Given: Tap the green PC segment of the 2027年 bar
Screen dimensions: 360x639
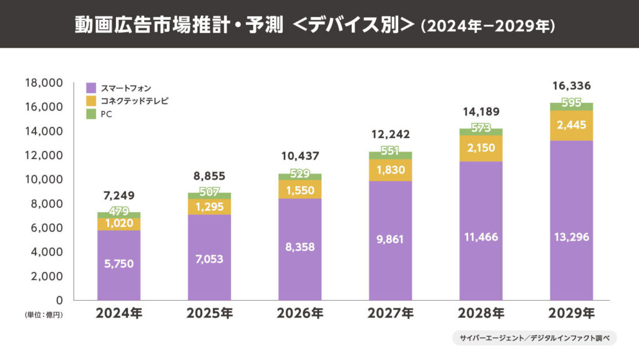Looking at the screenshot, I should coord(390,155).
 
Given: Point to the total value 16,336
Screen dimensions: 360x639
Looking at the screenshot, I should coord(571,86).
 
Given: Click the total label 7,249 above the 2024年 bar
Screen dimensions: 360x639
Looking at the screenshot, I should coord(119,196).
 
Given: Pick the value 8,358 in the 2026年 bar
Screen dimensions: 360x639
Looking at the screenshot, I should coord(300,247).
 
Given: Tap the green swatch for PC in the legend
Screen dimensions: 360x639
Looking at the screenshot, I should coord(90,114).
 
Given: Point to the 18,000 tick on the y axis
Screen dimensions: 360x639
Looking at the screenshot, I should coord(44,83).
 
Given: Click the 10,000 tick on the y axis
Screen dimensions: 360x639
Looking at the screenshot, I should coord(44,180).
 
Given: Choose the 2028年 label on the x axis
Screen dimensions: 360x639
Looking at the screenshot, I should coord(481,313).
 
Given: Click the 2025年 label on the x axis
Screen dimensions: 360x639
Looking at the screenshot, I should coord(209,313).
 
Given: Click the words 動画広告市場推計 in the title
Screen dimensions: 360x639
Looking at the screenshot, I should coord(127,24).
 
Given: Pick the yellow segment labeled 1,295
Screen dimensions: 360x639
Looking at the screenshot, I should coord(209,206).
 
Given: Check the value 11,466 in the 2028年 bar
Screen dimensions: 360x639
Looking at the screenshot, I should coord(480,237).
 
